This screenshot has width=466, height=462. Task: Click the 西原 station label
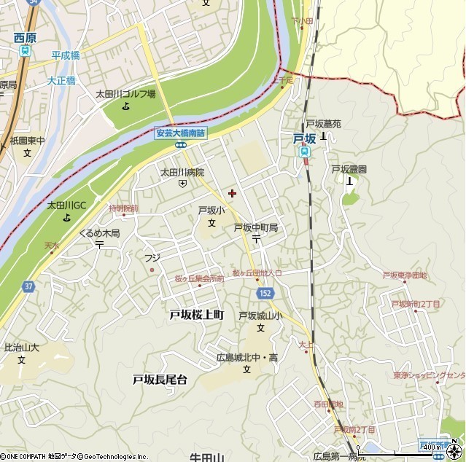(24, 37)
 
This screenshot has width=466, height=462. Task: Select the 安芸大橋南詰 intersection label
(181, 133)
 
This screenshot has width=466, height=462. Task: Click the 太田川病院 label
(182, 173)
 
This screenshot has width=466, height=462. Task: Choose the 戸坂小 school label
(208, 210)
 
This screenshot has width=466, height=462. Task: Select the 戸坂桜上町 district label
(196, 314)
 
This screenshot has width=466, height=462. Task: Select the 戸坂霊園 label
(349, 169)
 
